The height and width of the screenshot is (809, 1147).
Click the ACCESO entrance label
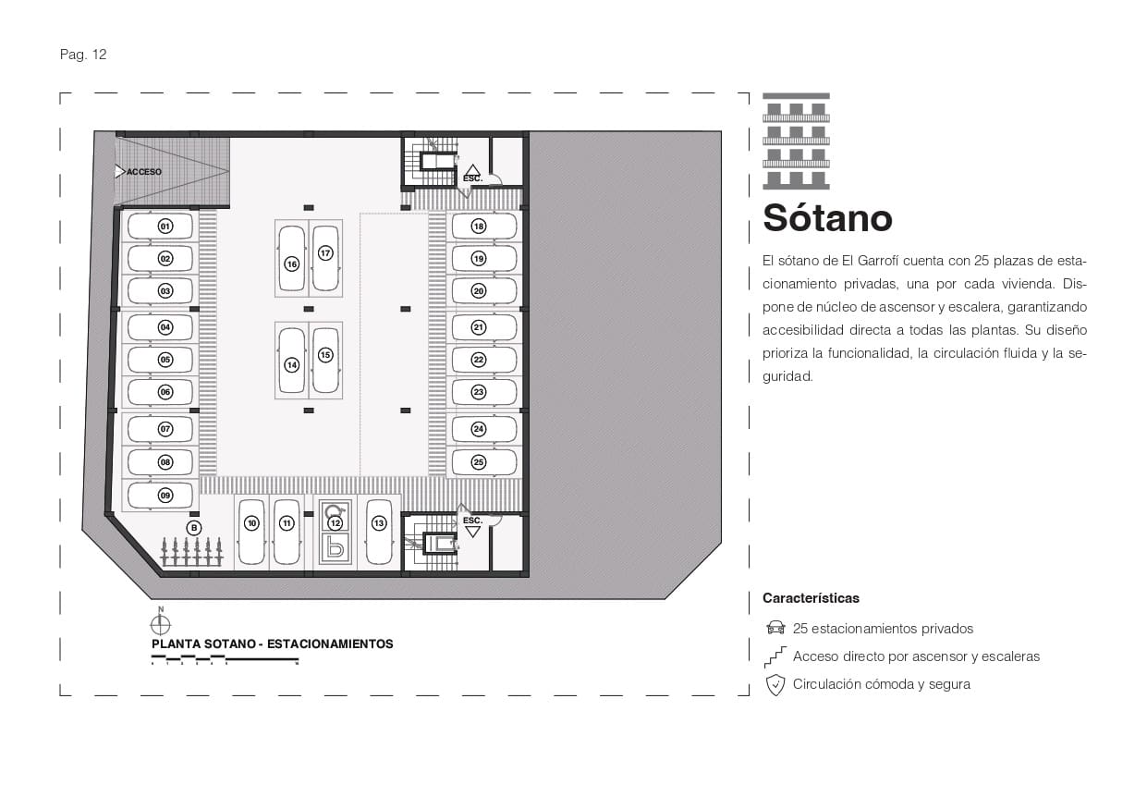click(143, 172)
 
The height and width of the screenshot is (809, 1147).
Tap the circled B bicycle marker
click(193, 527)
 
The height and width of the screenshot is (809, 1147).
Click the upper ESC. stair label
click(472, 177)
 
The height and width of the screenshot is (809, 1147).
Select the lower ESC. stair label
click(472, 521)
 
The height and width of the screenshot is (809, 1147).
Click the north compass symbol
click(161, 624)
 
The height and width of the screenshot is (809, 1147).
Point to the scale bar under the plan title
click(225, 660)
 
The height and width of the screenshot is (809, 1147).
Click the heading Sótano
click(827, 218)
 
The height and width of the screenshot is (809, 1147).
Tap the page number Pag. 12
click(83, 55)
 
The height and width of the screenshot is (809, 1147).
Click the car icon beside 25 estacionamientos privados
click(775, 629)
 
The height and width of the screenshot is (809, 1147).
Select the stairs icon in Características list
click(775, 656)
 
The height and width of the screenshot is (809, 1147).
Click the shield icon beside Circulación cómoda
click(775, 685)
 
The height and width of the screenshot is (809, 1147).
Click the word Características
click(811, 598)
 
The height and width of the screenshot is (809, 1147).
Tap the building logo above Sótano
click(796, 141)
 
